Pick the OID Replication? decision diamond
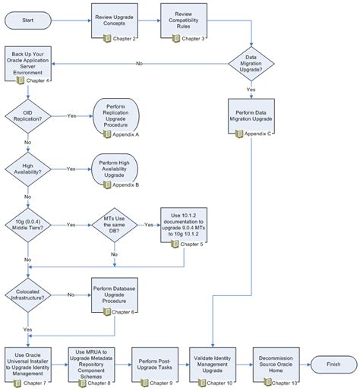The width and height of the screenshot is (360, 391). [28, 115]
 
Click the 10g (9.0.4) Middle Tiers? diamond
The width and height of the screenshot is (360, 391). [28, 225]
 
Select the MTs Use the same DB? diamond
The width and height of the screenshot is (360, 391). [114, 225]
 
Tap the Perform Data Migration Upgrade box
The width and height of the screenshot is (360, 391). [250, 115]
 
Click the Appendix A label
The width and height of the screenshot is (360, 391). [125, 134]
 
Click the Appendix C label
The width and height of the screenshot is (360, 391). [258, 134]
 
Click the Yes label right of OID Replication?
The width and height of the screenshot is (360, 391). [71, 115]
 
